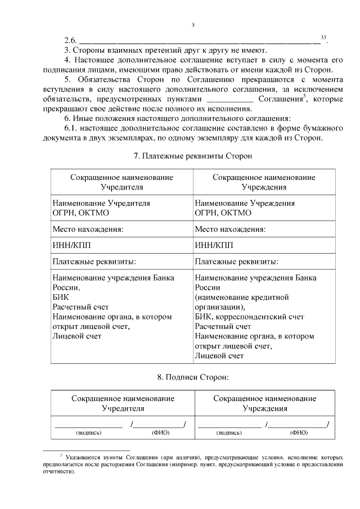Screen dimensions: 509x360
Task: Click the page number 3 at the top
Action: pos(192,24)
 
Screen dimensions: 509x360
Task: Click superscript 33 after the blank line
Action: pos(323,37)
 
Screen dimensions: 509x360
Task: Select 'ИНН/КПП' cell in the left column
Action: pos(68,245)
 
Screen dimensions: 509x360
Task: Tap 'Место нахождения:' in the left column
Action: pos(87,229)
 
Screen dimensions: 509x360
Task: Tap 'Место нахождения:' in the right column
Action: pos(229,229)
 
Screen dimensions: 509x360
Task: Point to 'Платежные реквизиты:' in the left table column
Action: pos(94,262)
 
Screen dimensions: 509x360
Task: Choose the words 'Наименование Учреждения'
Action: pos(244,202)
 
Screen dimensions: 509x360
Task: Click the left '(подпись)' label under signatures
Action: pos(88,433)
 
